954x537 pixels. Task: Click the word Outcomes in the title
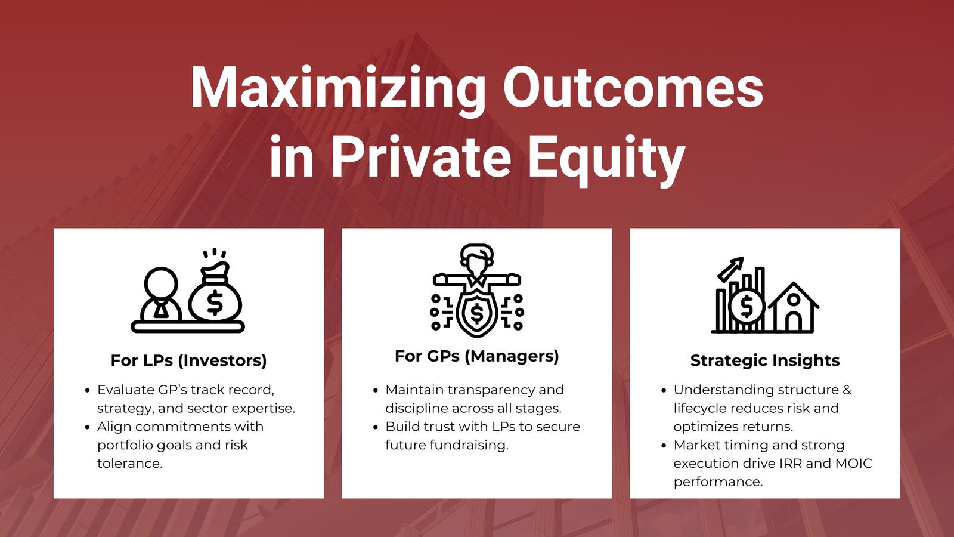[633, 88]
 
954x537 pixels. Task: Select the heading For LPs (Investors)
[188, 360]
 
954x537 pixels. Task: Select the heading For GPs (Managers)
[476, 356]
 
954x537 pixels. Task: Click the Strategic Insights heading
[764, 360]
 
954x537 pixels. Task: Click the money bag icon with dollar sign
[215, 295]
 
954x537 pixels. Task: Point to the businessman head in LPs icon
[161, 283]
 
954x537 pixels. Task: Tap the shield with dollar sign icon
[476, 313]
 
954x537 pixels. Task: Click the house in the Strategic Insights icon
[793, 308]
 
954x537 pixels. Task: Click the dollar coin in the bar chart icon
[746, 307]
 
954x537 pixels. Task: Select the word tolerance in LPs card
[129, 464]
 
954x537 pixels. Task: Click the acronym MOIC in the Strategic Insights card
[853, 464]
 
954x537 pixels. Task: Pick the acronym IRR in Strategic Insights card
[790, 464]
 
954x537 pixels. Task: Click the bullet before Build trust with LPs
[376, 427]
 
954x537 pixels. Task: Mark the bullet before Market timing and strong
[664, 446]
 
